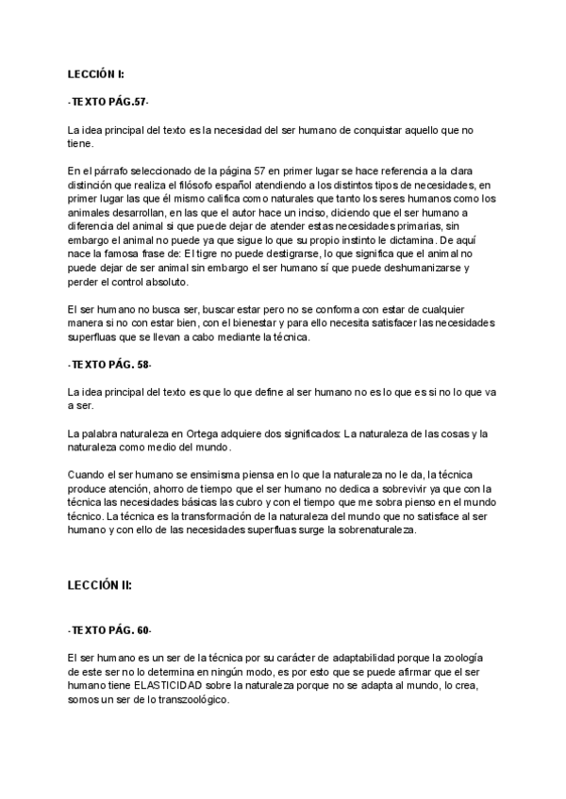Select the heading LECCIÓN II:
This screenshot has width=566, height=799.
pos(99,584)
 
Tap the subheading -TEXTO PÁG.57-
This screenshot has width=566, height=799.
pos(108,101)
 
